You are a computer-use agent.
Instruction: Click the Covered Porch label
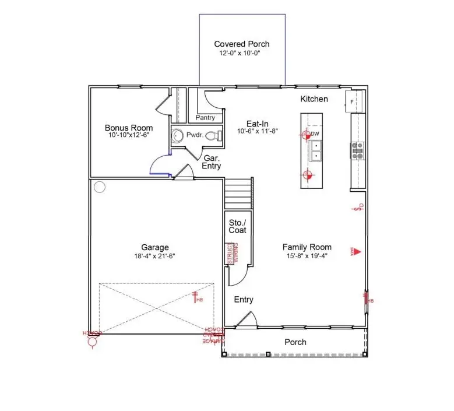pyautogui.click(x=242, y=44)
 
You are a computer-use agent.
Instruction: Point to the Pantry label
pyautogui.click(x=205, y=118)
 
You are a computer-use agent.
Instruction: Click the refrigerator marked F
pyautogui.click(x=355, y=102)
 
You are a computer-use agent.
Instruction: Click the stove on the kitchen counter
pyautogui.click(x=357, y=150)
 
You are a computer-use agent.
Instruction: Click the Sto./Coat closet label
pyautogui.click(x=237, y=226)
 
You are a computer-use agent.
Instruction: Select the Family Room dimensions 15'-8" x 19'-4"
pyautogui.click(x=307, y=256)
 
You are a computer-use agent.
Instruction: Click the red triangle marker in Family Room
pyautogui.click(x=357, y=252)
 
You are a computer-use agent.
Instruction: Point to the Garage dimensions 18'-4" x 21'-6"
pyautogui.click(x=154, y=256)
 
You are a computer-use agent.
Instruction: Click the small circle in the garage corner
pyautogui.click(x=99, y=187)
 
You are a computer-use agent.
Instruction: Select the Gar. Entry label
pyautogui.click(x=212, y=162)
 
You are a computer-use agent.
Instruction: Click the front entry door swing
pyautogui.click(x=245, y=319)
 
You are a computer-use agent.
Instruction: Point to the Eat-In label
pyautogui.click(x=257, y=123)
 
